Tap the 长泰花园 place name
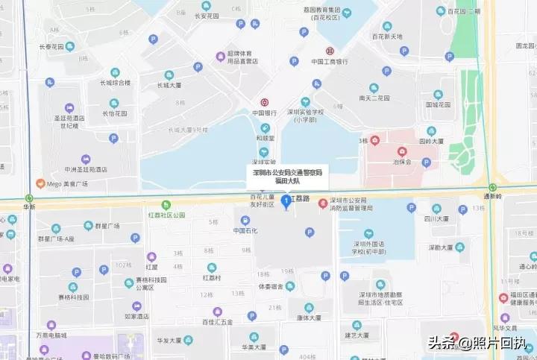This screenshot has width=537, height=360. [54, 46]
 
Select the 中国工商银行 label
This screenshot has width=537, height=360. [330, 62]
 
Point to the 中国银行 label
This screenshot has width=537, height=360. [264, 113]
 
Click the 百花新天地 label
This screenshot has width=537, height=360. [386, 36]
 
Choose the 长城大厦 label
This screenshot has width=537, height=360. [169, 85]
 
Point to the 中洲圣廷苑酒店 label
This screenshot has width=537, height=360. [86, 169]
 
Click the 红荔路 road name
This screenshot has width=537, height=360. [304, 199]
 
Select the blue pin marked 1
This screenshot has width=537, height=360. [285, 202]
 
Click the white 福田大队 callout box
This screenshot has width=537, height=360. [287, 176]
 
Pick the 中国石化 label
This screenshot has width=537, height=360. [245, 230]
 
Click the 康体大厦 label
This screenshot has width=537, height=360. [307, 318]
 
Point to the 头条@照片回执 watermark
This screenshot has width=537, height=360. [477, 344]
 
